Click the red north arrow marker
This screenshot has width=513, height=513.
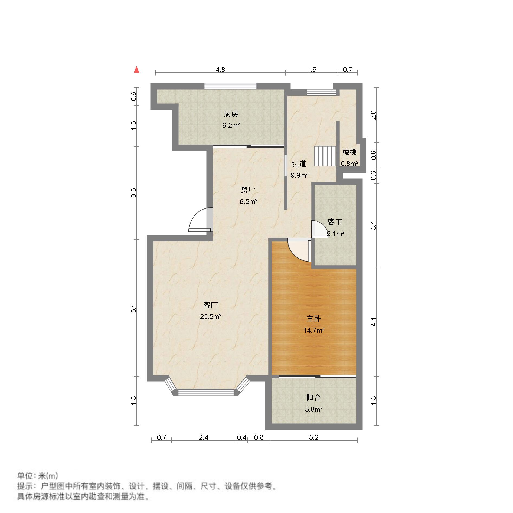pos(137,70)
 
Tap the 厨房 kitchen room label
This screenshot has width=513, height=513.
pos(231,114)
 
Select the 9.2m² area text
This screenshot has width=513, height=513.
pos(231,126)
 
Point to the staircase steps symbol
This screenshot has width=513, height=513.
pos(325,156)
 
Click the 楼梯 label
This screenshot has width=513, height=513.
pos(349,152)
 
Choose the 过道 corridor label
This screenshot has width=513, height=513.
pos(299,164)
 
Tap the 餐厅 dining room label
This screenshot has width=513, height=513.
pos(248,190)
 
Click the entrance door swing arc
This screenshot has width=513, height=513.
pos(199,219)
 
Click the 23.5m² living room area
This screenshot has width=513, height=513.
pos(211,317)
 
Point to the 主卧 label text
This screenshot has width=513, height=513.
pos(313,319)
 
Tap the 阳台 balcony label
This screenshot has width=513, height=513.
pos(313,398)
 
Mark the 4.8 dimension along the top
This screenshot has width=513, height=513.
pos(220,70)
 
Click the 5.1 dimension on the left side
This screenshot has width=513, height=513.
pos(133,308)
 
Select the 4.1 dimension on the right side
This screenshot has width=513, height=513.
pos(374,322)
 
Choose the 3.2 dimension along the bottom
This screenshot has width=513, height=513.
pos(314,437)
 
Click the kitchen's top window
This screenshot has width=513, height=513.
pos(230,86)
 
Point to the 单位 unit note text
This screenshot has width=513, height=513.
pos(38,476)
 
